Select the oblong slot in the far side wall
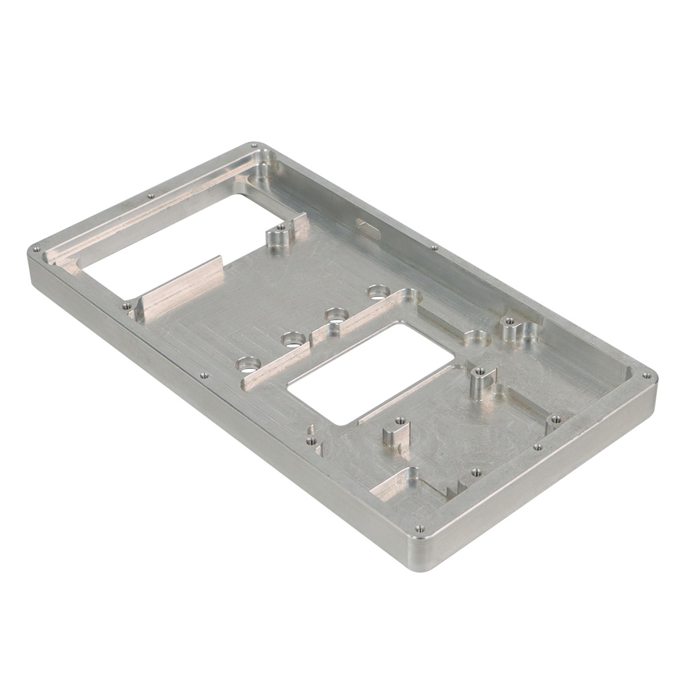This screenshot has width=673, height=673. click(368, 228)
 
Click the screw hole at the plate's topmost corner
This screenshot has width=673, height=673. click(253, 145)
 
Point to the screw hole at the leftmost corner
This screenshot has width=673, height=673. click(37, 248)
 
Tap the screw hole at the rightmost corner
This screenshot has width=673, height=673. click(646, 376)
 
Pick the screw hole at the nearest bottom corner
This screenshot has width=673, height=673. click(419, 528)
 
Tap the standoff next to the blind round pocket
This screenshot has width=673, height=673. click(509, 327)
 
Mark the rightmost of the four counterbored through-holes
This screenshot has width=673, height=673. click(377, 292)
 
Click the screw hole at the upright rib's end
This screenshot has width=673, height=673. click(126, 306)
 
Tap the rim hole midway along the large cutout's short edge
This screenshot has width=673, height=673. click(150, 196)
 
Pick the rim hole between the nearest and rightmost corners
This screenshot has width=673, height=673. click(537, 446)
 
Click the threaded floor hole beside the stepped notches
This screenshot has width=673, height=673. click(476, 472)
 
